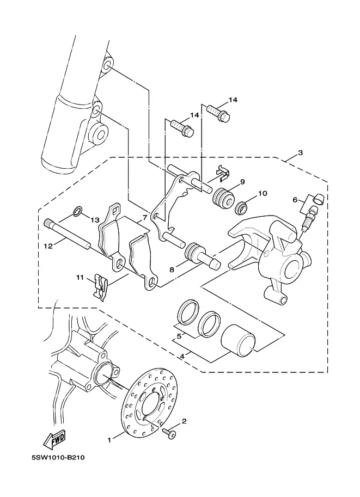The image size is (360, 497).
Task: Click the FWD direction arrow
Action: pyautogui.click(x=55, y=439)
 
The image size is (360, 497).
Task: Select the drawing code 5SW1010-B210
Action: pyautogui.click(x=59, y=458)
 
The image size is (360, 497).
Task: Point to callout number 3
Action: pyautogui.click(x=300, y=152)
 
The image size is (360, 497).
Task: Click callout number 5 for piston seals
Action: pyautogui.click(x=179, y=336)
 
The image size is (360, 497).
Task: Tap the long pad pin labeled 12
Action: pyautogui.click(x=67, y=234)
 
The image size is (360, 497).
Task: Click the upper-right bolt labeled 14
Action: pyautogui.click(x=218, y=113)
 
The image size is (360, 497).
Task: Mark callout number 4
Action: pyautogui.click(x=182, y=356)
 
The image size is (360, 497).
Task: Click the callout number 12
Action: pyautogui.click(x=48, y=246)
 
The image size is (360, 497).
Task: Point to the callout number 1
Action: pyautogui.click(x=109, y=440)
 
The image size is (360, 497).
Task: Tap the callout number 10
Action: pyautogui.click(x=263, y=193)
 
